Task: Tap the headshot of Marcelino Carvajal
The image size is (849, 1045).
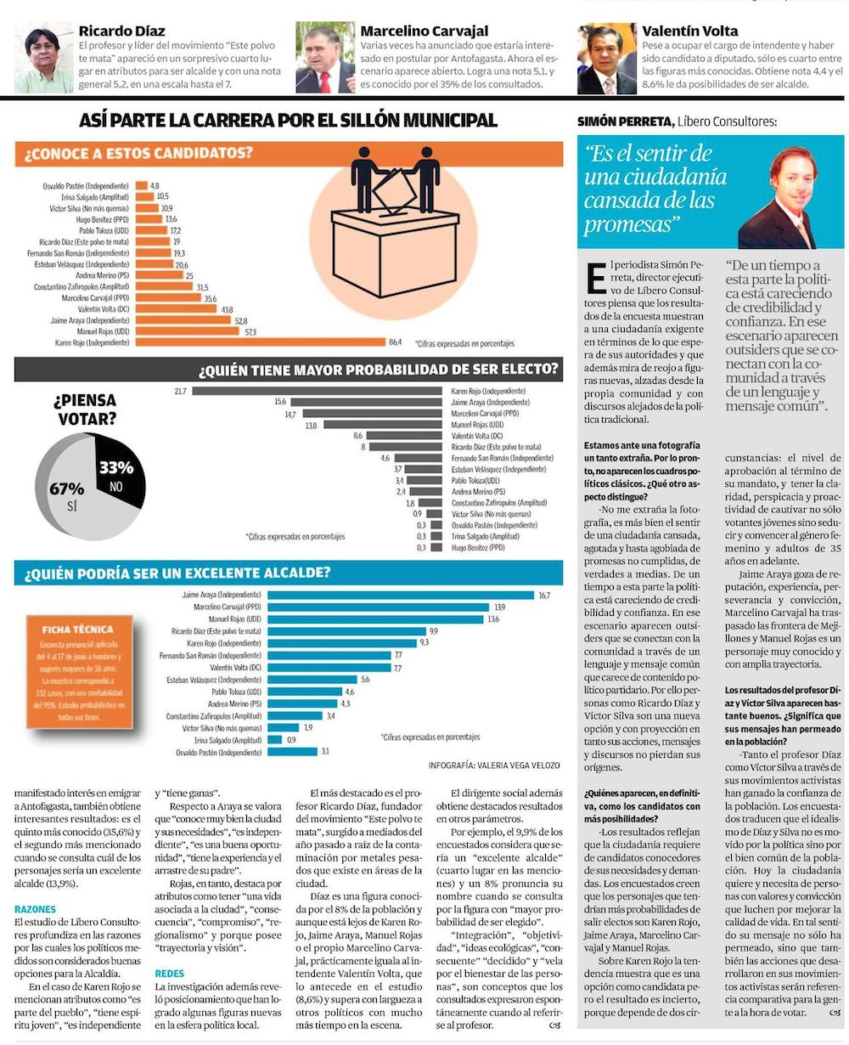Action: point(325,58)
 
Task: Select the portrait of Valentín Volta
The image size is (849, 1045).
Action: point(606,59)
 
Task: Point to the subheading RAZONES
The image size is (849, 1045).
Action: point(35,908)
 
